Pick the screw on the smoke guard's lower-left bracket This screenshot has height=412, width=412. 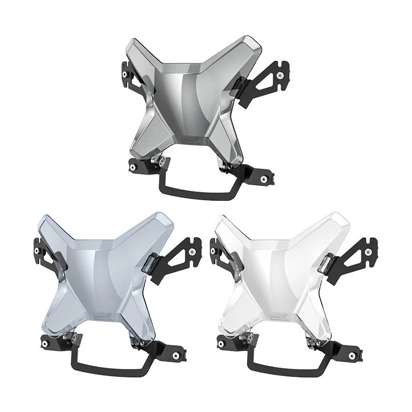pyautogui.click(x=133, y=167)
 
